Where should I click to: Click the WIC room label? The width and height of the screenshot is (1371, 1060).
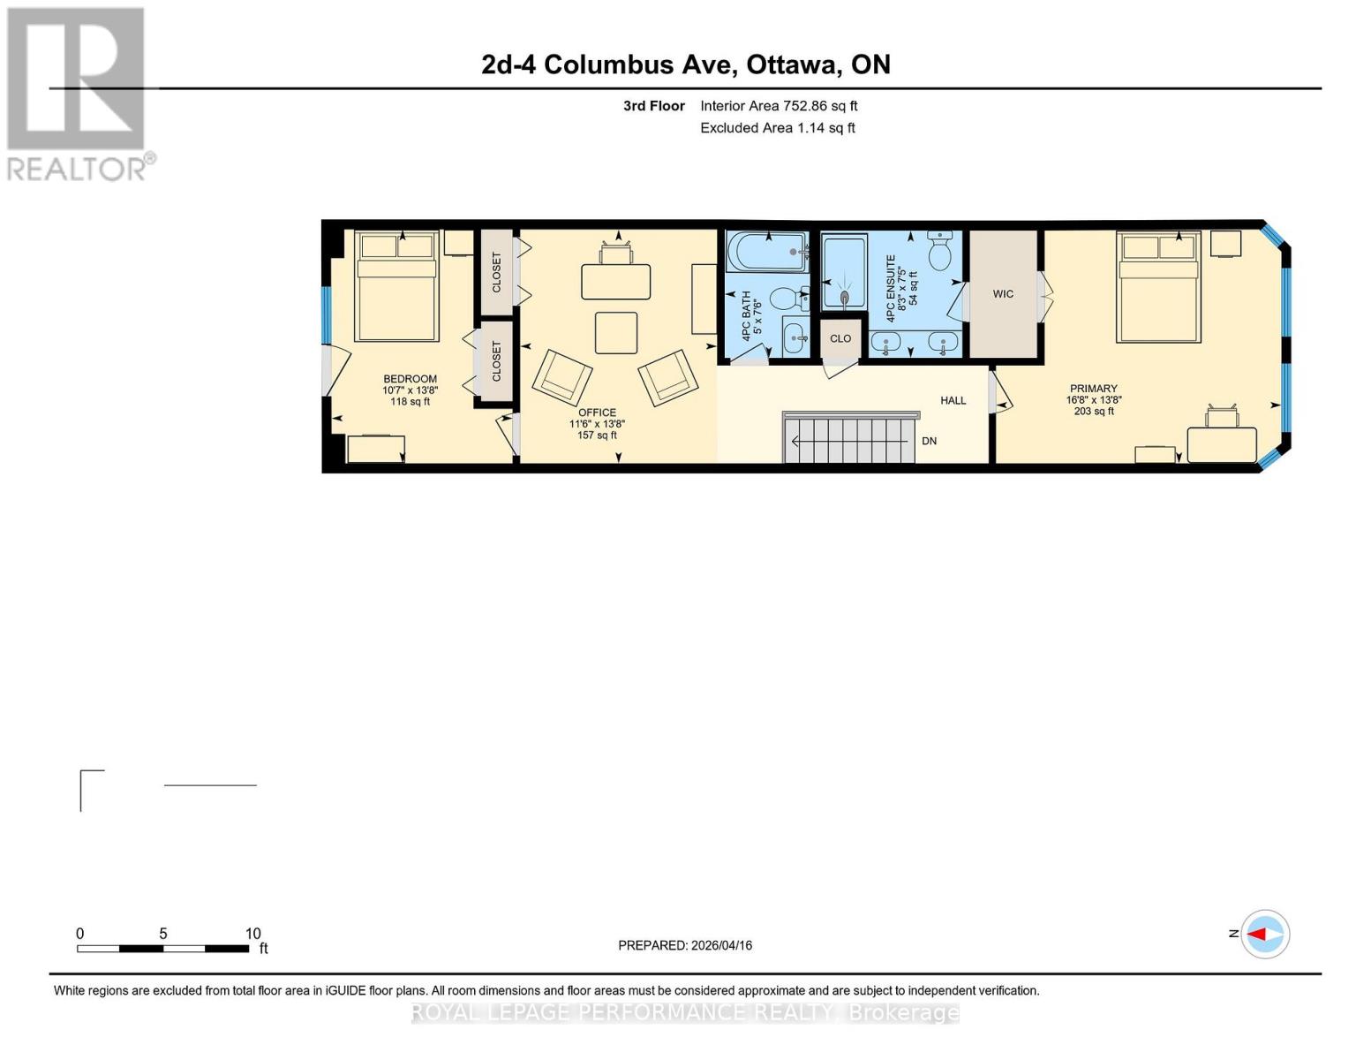1003,294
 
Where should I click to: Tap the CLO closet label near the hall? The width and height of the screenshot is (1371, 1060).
840,338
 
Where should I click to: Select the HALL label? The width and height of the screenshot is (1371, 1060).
953,400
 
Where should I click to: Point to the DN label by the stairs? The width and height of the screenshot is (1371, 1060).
929,441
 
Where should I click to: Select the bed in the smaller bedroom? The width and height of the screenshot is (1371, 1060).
396,286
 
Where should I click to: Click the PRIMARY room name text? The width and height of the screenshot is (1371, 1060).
1093,389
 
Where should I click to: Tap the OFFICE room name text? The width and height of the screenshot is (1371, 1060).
597,413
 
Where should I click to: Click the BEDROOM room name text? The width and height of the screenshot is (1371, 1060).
410,379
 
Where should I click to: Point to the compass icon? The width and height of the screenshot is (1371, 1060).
1265,934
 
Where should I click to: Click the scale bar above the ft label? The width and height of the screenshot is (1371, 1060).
162,949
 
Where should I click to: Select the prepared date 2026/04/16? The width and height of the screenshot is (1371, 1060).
685,945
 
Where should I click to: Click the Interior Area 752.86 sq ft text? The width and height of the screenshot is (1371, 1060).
779,106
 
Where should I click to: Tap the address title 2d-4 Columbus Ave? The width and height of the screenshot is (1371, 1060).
685,64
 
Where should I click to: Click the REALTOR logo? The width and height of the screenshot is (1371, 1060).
77,93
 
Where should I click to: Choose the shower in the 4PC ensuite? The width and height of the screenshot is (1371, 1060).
844,272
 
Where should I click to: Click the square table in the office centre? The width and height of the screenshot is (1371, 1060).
616,333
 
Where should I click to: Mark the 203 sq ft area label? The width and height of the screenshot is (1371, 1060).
1093,411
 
